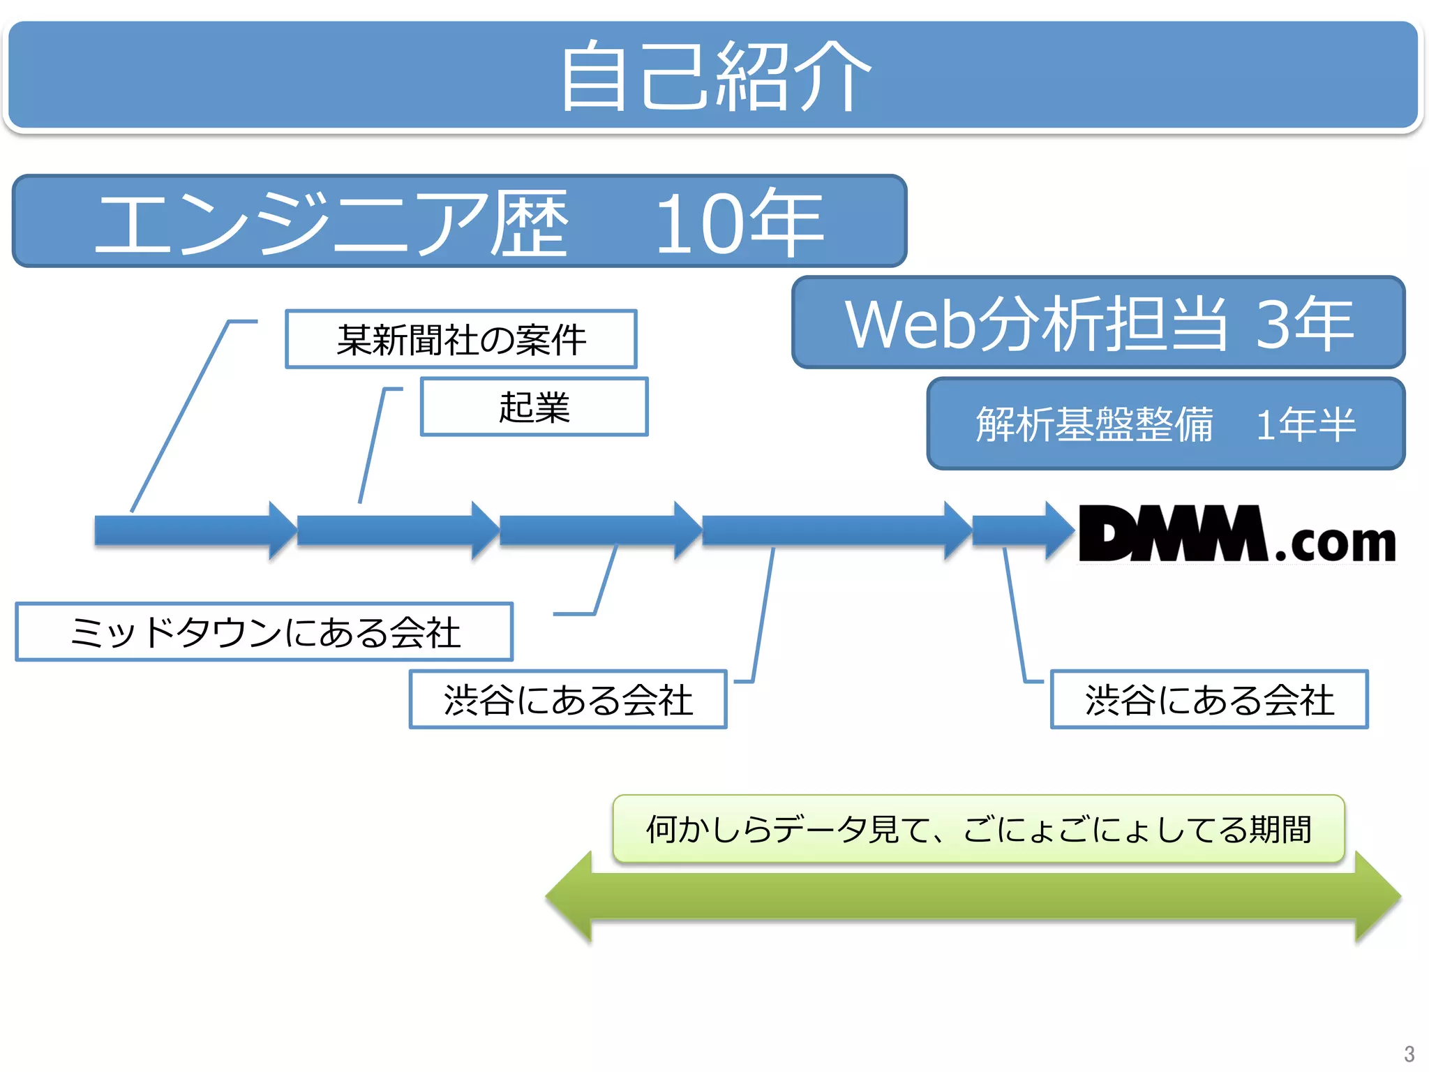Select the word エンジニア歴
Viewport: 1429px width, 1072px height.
pyautogui.click(x=332, y=223)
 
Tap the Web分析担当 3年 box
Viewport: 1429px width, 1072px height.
pyautogui.click(x=1098, y=322)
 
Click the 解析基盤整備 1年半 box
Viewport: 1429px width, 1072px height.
pyautogui.click(x=1165, y=424)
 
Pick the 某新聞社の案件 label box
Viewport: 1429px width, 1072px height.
pyautogui.click(x=461, y=339)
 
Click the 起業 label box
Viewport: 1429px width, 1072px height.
pyautogui.click(x=534, y=407)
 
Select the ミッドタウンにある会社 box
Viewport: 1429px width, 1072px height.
pyautogui.click(x=264, y=632)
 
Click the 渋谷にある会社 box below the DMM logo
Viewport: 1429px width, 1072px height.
pyautogui.click(x=1209, y=699)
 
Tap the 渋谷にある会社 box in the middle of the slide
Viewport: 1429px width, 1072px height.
pyautogui.click(x=568, y=699)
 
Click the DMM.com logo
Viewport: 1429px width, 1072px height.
pyautogui.click(x=1236, y=534)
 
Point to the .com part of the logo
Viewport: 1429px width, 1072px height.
pyautogui.click(x=1335, y=544)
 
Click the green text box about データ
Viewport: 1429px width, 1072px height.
pyautogui.click(x=978, y=829)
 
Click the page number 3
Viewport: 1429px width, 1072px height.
pyautogui.click(x=1409, y=1053)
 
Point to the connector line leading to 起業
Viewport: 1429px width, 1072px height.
pyautogui.click(x=372, y=447)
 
